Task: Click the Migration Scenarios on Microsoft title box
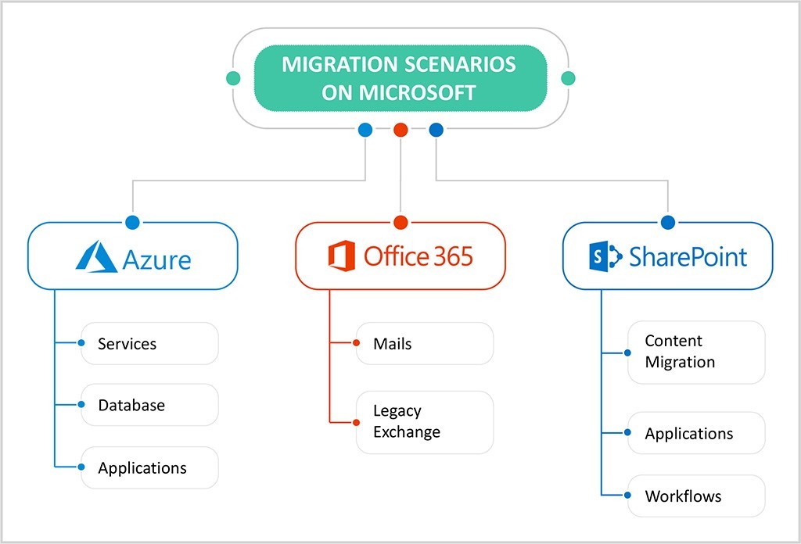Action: (400, 78)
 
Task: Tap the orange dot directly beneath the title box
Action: (400, 131)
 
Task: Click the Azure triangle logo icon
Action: (96, 256)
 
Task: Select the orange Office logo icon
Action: (342, 256)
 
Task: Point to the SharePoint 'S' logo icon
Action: (605, 256)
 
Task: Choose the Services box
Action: (149, 344)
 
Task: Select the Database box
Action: (149, 405)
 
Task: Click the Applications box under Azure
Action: (149, 468)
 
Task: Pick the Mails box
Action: (425, 344)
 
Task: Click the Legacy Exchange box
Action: (425, 422)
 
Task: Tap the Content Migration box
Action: (696, 352)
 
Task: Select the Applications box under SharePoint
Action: (696, 433)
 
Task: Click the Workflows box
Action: (696, 496)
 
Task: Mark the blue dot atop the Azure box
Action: (132, 222)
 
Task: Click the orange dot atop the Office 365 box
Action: (400, 222)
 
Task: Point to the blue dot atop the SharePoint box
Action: (668, 222)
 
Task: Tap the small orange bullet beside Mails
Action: (357, 343)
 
